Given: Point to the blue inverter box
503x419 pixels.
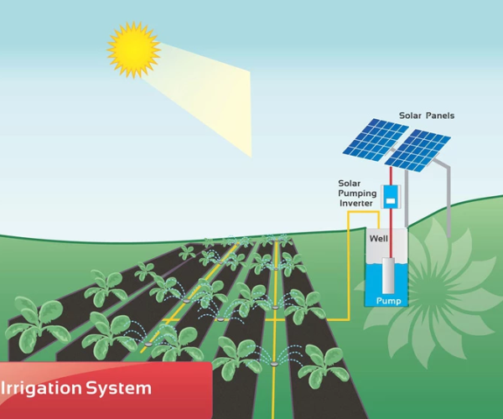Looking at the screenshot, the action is coord(390,197).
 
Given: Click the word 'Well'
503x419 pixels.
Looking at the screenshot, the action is coord(379,239).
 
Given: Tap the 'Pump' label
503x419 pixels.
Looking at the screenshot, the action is coord(388,298).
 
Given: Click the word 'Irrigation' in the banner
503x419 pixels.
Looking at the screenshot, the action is coord(41,389).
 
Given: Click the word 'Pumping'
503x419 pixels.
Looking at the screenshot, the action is coord(357,193).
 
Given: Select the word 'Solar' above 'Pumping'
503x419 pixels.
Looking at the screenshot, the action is coord(350,183).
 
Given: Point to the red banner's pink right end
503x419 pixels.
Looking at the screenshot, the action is coord(202,389).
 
